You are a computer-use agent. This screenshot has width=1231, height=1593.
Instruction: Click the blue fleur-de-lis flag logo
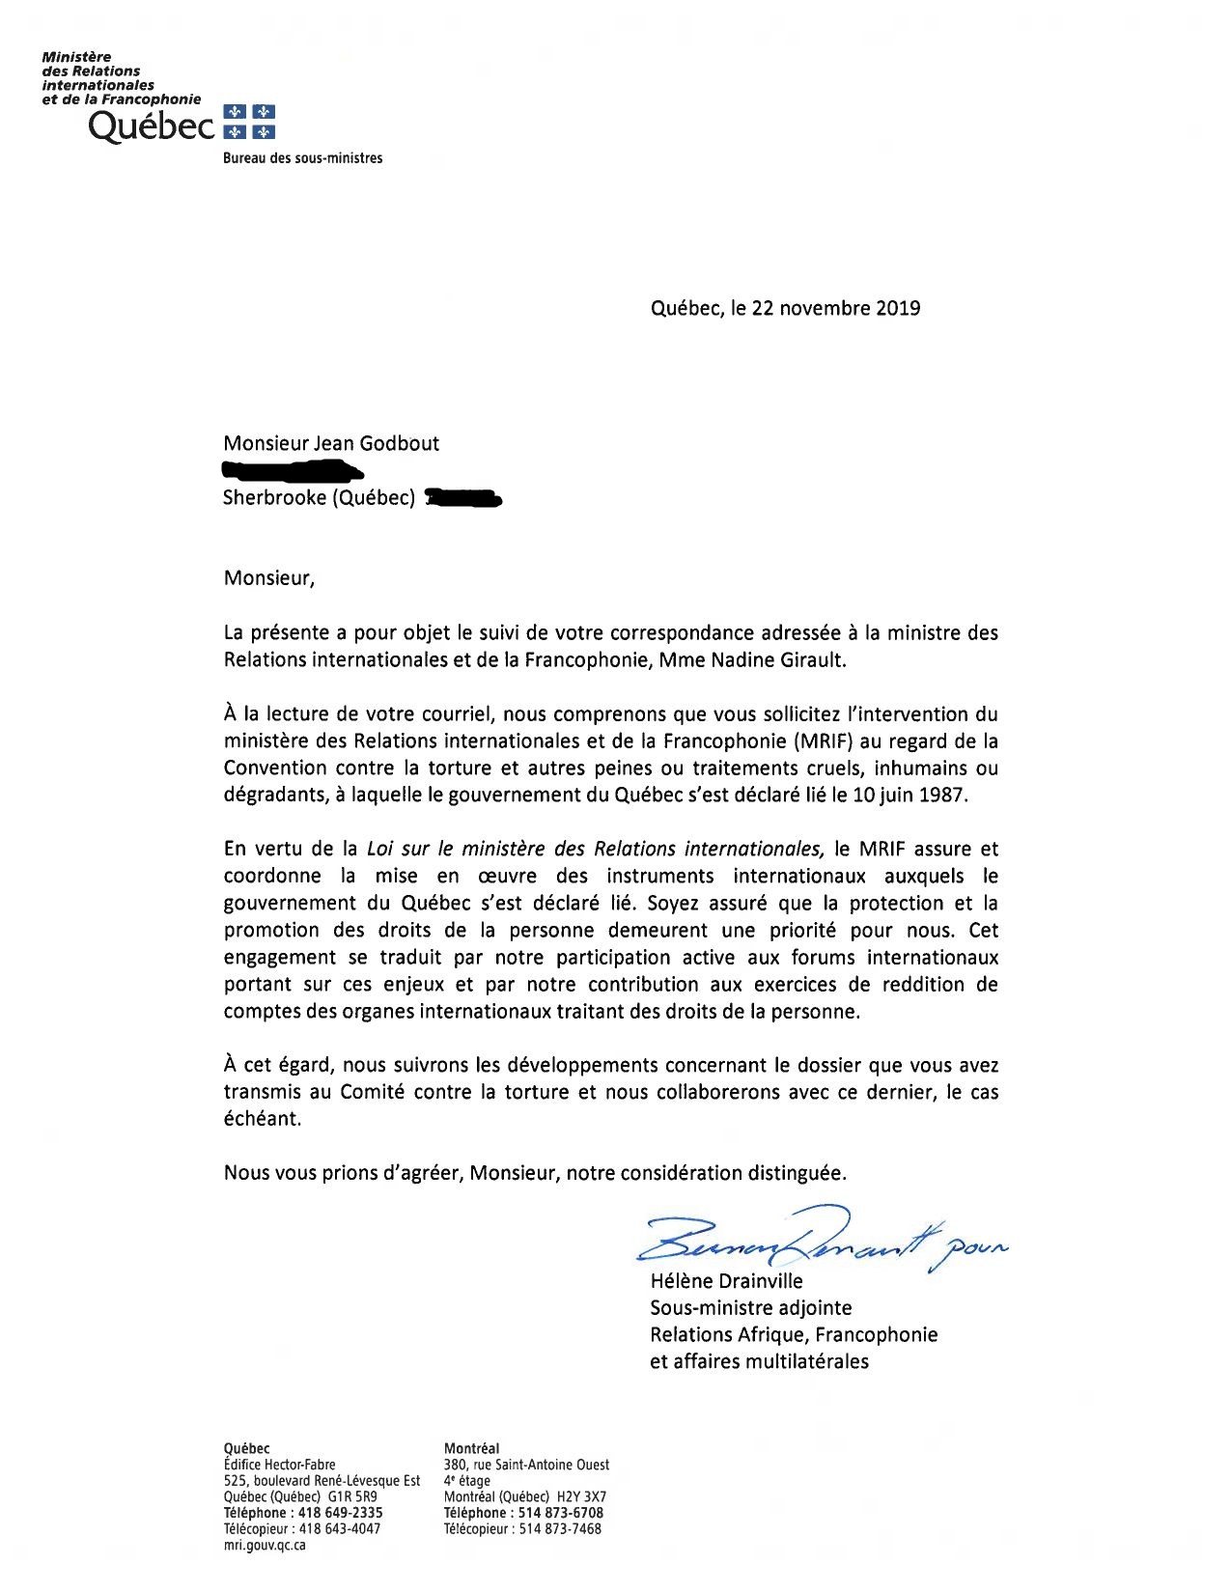[x=249, y=122]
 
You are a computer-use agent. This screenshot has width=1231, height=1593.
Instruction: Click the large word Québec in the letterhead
[x=152, y=126]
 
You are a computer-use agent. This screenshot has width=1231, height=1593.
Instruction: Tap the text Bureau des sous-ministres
[x=302, y=158]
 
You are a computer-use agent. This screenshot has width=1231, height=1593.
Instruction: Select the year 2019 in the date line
[x=898, y=308]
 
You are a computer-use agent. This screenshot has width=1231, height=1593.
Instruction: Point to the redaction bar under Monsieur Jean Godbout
[x=293, y=471]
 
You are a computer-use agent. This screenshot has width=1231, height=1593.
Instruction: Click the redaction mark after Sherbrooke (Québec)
[x=463, y=498]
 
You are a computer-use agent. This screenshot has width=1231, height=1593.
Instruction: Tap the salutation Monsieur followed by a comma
[x=268, y=578]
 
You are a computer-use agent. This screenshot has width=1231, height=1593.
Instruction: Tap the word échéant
[x=262, y=1119]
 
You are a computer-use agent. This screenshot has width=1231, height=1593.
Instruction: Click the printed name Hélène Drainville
[x=726, y=1281]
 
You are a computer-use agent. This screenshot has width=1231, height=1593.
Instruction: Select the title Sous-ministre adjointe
[x=750, y=1308]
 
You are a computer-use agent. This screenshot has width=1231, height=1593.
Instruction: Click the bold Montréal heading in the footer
[x=471, y=1448]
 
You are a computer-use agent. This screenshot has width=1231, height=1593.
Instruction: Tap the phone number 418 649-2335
[x=340, y=1513]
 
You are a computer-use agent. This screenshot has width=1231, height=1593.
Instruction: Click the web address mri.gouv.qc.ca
[x=265, y=1545]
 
